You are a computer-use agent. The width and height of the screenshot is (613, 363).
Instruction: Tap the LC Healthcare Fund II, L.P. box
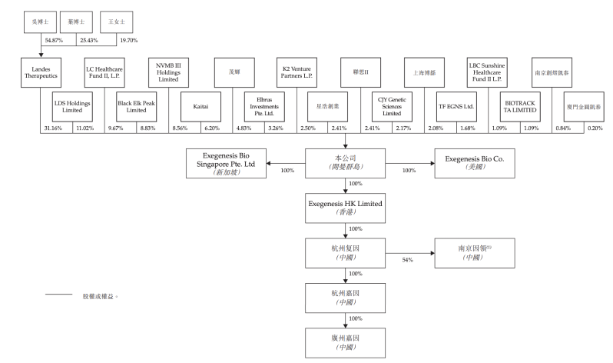104,75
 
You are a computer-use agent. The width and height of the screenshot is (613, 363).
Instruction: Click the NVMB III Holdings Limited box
167,75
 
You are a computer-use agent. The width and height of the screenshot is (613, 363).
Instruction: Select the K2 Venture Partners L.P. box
296,75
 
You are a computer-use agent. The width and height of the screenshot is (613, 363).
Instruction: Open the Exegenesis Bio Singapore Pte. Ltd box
227,164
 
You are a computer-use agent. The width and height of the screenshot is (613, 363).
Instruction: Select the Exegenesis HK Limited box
344,206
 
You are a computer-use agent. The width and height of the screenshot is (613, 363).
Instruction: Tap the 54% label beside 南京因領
408,260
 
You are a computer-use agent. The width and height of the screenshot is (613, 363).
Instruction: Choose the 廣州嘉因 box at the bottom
344,339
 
